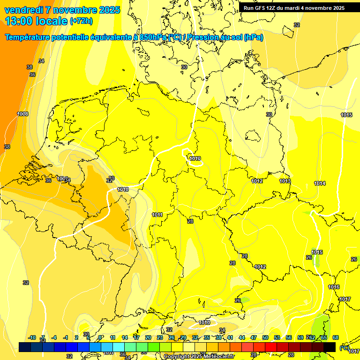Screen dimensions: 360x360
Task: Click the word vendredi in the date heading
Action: coord(23,10)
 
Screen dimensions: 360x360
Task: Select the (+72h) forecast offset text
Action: coord(81,21)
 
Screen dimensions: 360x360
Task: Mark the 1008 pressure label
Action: coord(22,114)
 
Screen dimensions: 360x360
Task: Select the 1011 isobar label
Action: coord(157,215)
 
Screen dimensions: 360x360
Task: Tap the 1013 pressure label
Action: coord(285,181)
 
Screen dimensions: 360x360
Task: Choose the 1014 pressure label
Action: coord(320,183)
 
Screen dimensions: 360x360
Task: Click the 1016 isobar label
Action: coord(334,287)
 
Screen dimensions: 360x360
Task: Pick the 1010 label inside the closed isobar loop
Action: coord(195,159)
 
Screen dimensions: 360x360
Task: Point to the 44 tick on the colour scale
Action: coord(242,337)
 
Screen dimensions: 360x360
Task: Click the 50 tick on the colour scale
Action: coord(265,337)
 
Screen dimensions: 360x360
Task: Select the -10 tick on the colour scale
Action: coord(32,337)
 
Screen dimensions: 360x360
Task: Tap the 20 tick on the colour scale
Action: coord(148,337)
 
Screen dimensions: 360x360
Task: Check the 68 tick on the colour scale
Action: coord(336,337)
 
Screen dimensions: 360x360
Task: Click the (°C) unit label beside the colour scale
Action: coord(344,347)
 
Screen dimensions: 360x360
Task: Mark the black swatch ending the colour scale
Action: coord(330,347)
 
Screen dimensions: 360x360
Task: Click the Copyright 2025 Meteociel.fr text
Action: coord(199,356)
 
